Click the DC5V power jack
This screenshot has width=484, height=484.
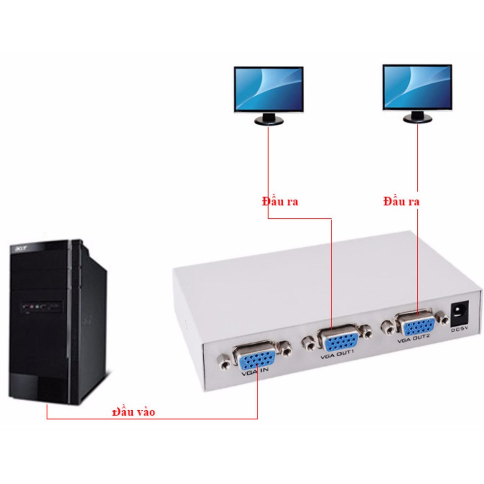[x=459, y=314]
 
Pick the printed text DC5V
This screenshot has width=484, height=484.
[x=460, y=329]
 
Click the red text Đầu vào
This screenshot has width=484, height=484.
[x=133, y=412]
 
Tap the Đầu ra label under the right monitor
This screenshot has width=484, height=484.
[x=401, y=201]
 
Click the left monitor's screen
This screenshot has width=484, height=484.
[x=268, y=89]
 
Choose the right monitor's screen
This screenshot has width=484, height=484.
[x=417, y=87]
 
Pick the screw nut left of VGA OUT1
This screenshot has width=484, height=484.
[x=308, y=344]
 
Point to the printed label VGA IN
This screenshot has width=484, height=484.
[x=255, y=372]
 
